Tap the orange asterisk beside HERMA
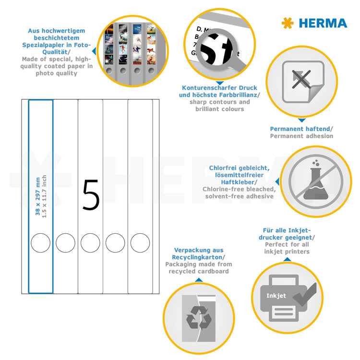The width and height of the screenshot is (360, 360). (287, 23)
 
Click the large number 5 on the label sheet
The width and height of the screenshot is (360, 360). (91, 195)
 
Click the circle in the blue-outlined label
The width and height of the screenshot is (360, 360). (40, 242)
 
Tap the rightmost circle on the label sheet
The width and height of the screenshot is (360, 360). (140, 242)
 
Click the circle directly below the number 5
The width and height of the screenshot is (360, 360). (90, 242)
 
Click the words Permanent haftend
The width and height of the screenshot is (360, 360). (300, 129)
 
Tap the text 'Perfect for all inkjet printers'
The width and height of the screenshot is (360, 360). (287, 248)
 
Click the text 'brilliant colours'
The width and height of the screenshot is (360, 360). (219, 109)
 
